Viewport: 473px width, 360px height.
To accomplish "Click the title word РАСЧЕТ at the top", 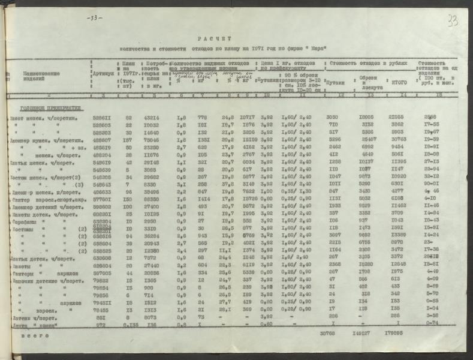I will pos(206,37).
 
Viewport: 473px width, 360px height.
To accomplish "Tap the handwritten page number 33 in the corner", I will pos(453,22).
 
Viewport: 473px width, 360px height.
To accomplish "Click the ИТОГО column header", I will pos(396,83).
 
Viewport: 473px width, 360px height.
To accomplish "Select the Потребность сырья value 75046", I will pos(150,139).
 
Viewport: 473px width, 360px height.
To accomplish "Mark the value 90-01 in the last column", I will pos(431,184).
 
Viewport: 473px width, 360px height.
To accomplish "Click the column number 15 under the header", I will pos(430,96).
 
